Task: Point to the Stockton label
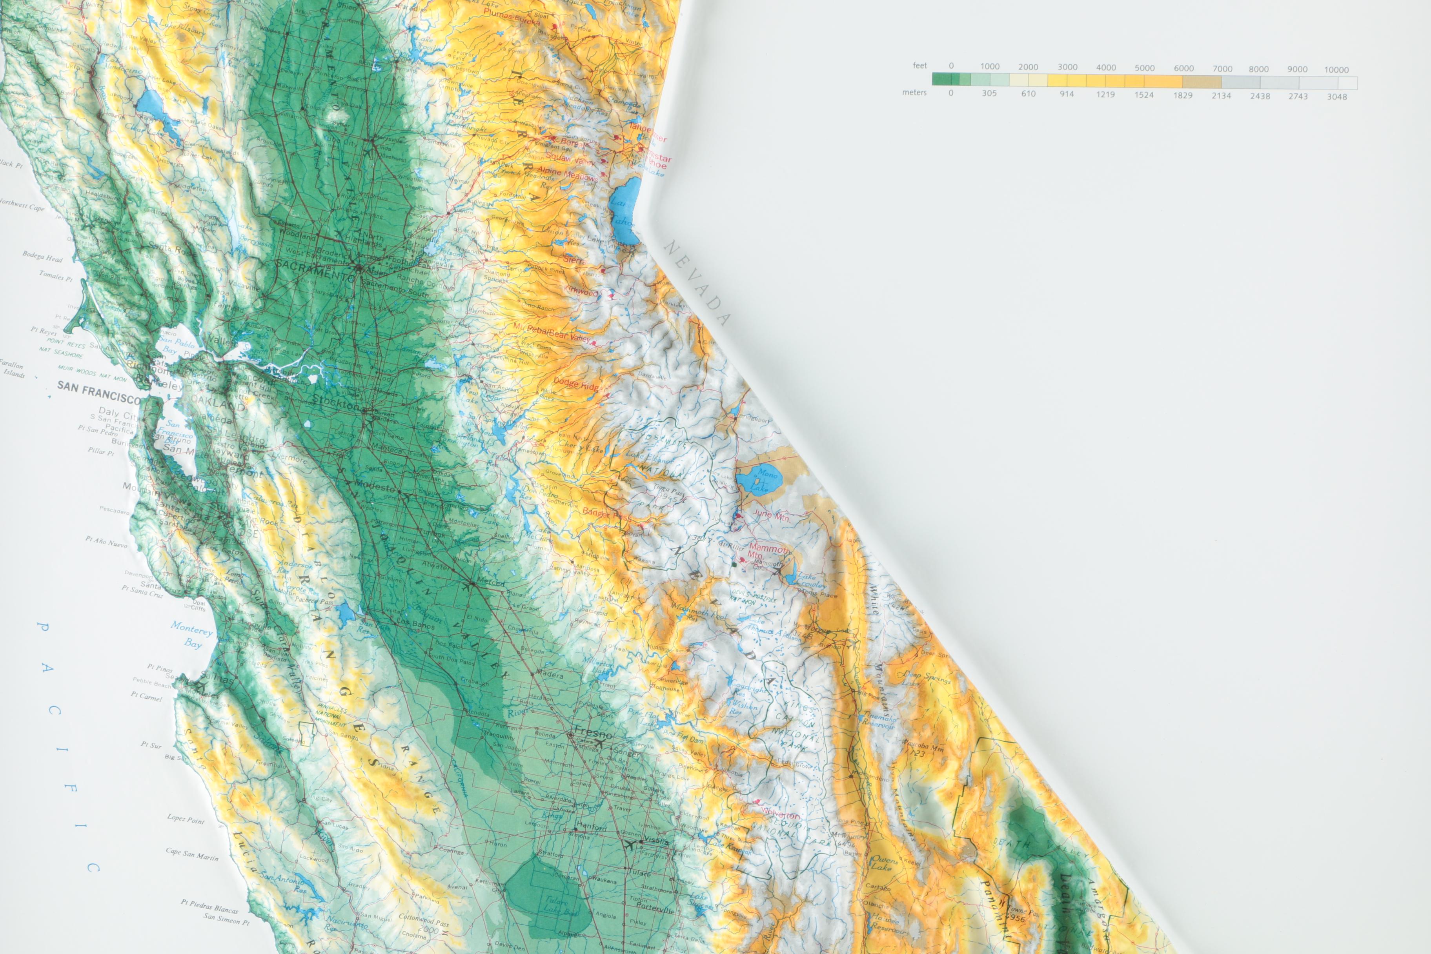pos(335,402)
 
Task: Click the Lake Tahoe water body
pos(624,213)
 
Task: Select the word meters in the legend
pos(914,93)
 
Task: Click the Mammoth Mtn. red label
pos(768,551)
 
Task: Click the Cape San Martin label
pos(192,854)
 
